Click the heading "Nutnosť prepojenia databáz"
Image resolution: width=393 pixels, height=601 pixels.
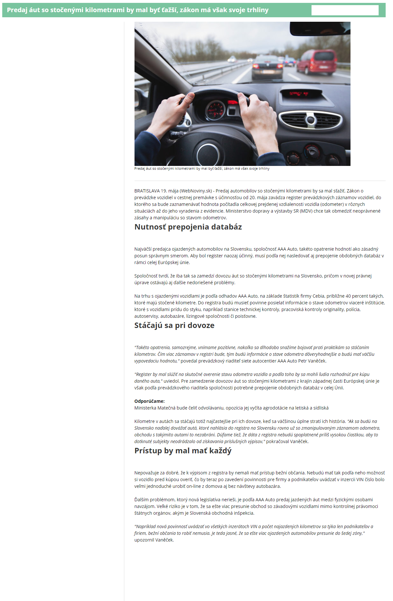pos(188,227)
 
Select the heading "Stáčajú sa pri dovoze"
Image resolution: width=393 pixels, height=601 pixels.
pos(174,325)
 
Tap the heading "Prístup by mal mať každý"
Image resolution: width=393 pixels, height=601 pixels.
pos(183,451)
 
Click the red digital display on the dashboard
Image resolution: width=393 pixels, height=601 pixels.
pos(299,94)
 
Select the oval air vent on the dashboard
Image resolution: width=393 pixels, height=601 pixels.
pos(310,120)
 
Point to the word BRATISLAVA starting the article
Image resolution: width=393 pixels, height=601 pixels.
pos(147,191)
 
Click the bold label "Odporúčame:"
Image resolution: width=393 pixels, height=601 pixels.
pos(150,401)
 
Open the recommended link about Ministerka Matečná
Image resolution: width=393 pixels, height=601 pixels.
pos(231,408)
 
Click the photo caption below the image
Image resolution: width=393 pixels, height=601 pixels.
pos(202,168)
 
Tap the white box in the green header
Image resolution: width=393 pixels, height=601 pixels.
pos(345,10)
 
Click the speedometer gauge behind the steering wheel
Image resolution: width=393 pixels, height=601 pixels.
pos(215,109)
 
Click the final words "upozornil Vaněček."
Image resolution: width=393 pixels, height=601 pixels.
pos(154,540)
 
